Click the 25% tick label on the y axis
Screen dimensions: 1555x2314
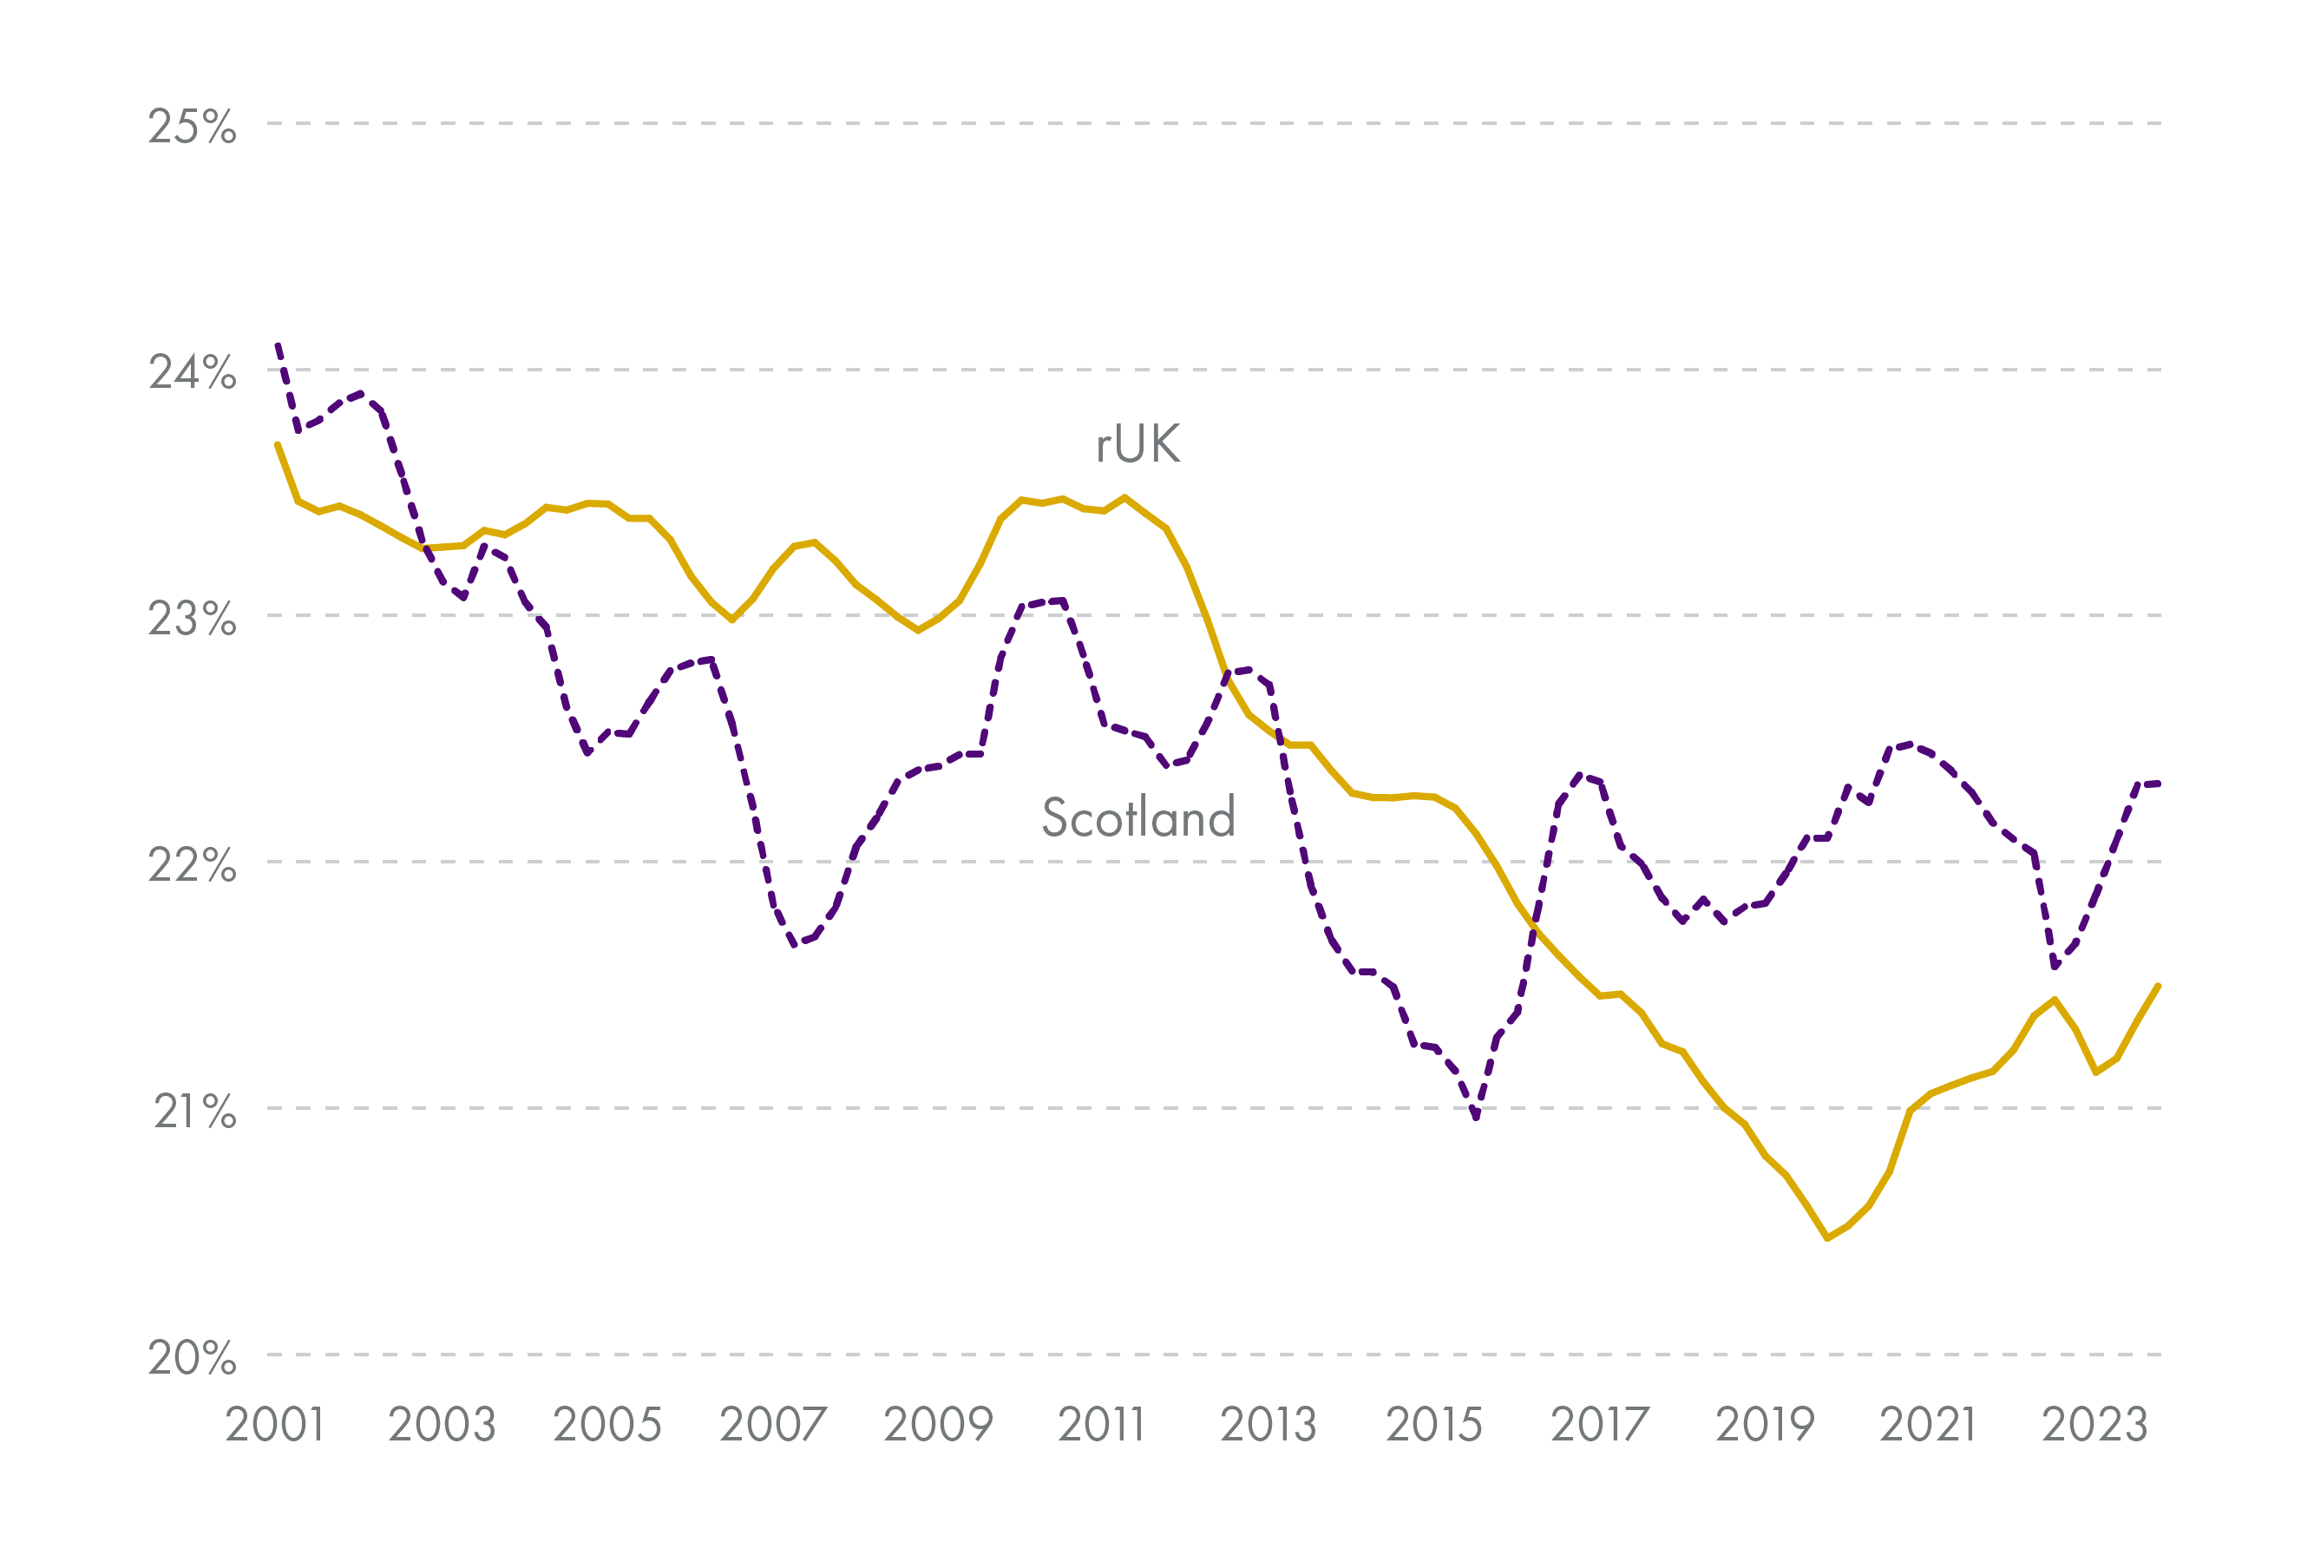(x=193, y=127)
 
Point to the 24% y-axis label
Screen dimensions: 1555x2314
(x=193, y=373)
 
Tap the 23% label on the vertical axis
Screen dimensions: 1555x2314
(x=193, y=619)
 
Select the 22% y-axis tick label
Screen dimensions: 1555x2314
(x=193, y=865)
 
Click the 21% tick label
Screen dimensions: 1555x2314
(x=194, y=1112)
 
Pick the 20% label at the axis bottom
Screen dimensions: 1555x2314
(x=193, y=1358)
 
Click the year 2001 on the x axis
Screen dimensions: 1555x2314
(x=275, y=1425)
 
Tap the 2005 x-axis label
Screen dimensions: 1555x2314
(x=606, y=1425)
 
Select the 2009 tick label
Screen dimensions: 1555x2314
(x=938, y=1425)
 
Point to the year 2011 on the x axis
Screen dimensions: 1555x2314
(x=1102, y=1425)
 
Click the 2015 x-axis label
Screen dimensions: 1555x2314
(x=1433, y=1425)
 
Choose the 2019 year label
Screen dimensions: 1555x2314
(x=1765, y=1425)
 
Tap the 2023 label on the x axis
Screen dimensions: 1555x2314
(x=2094, y=1425)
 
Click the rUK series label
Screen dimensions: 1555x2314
(x=1138, y=443)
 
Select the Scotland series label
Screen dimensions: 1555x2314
(x=1138, y=817)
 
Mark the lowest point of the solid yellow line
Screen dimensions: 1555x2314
(x=1827, y=1238)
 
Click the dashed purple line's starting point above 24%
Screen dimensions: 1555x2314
(x=278, y=344)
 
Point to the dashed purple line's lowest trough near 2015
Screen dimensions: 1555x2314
(x=1476, y=1118)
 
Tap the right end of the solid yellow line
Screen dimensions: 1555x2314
(x=2159, y=986)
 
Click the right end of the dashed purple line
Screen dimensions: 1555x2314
(x=2159, y=784)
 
